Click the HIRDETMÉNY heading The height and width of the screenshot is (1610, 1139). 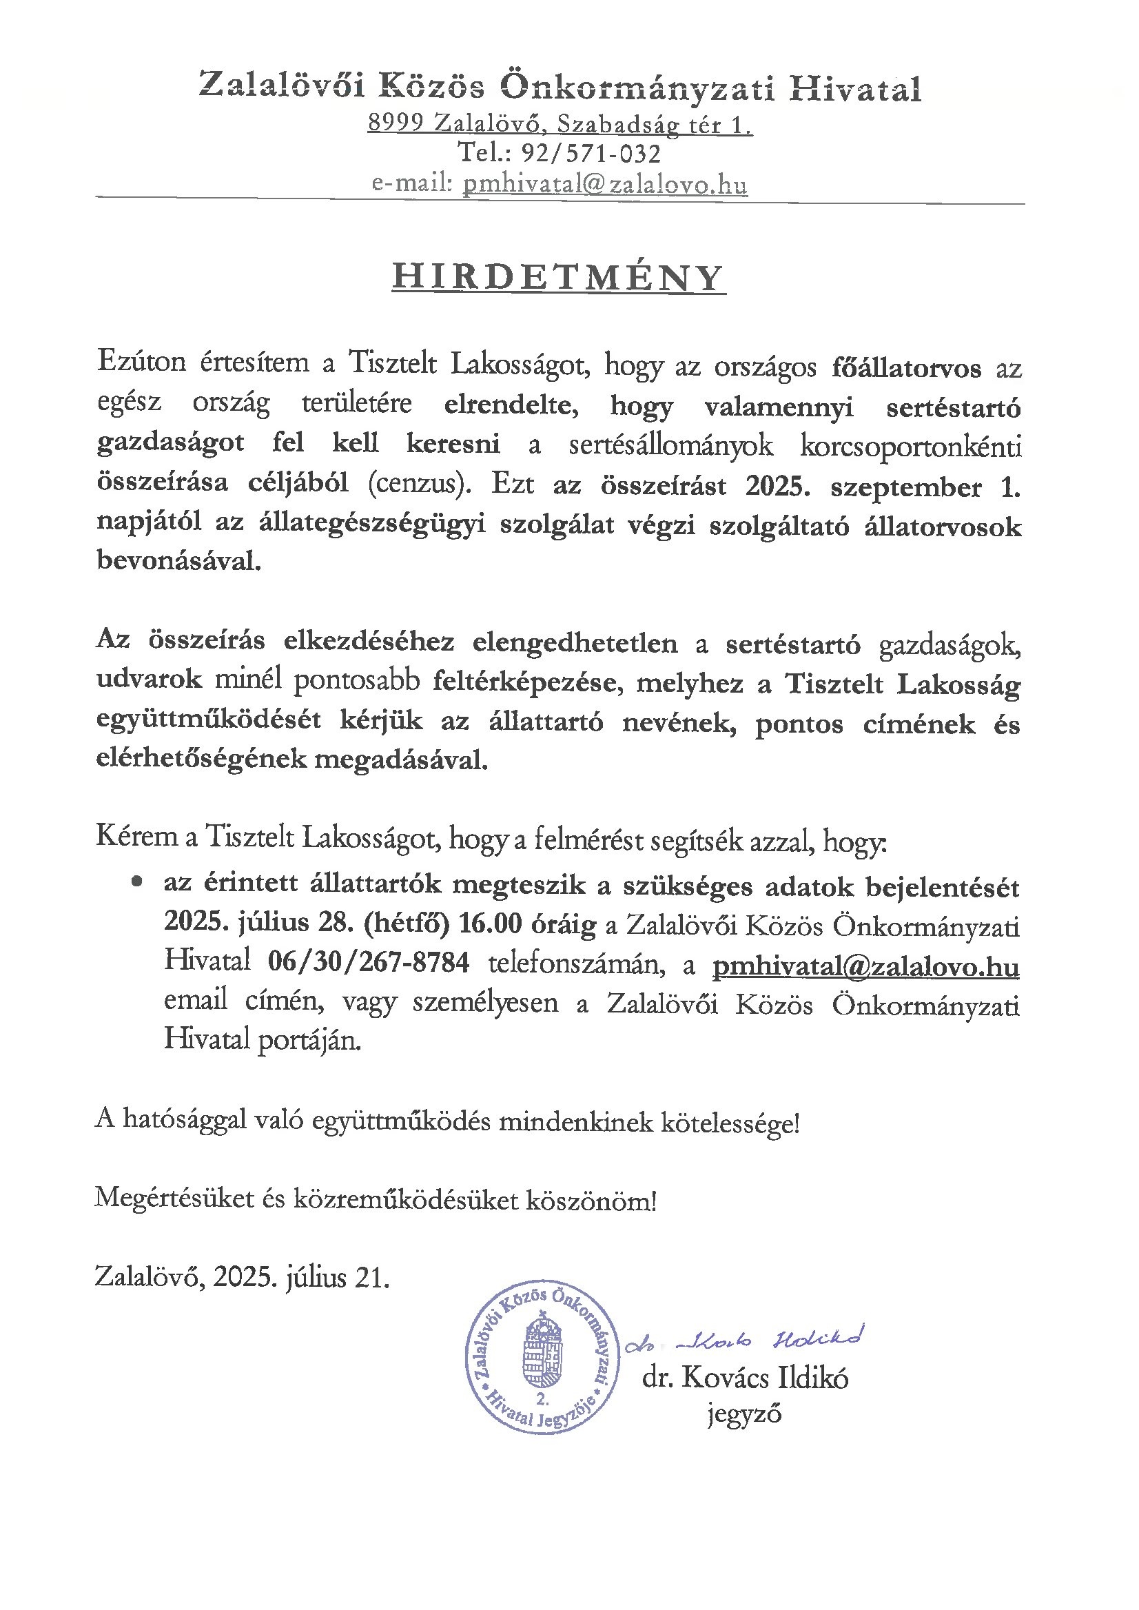point(558,277)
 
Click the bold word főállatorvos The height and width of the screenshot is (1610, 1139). point(906,367)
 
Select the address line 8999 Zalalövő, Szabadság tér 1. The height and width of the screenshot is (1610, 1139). point(560,123)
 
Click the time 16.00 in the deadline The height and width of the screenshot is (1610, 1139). point(489,924)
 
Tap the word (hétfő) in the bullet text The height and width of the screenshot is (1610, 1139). point(406,924)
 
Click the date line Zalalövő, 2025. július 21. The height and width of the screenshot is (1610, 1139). point(242,1278)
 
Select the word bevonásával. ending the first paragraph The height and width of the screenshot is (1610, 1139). point(179,561)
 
